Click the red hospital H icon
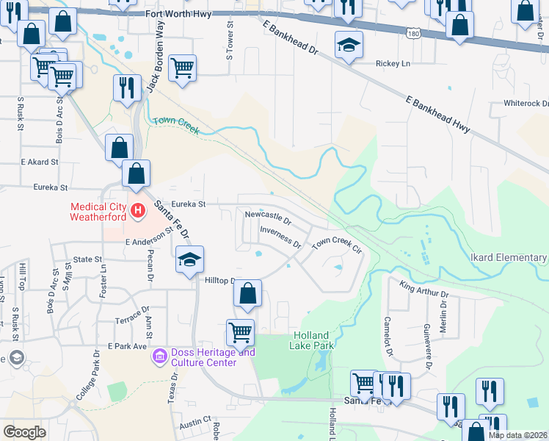click(x=137, y=212)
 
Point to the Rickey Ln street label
click(x=391, y=64)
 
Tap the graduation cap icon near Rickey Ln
click(x=349, y=45)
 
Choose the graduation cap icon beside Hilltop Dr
click(x=189, y=259)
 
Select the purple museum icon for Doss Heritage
click(x=159, y=357)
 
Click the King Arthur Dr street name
click(x=423, y=289)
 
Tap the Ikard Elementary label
click(x=508, y=258)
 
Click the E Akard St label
click(x=39, y=162)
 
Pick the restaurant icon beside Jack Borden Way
click(x=127, y=88)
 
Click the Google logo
click(x=24, y=432)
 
